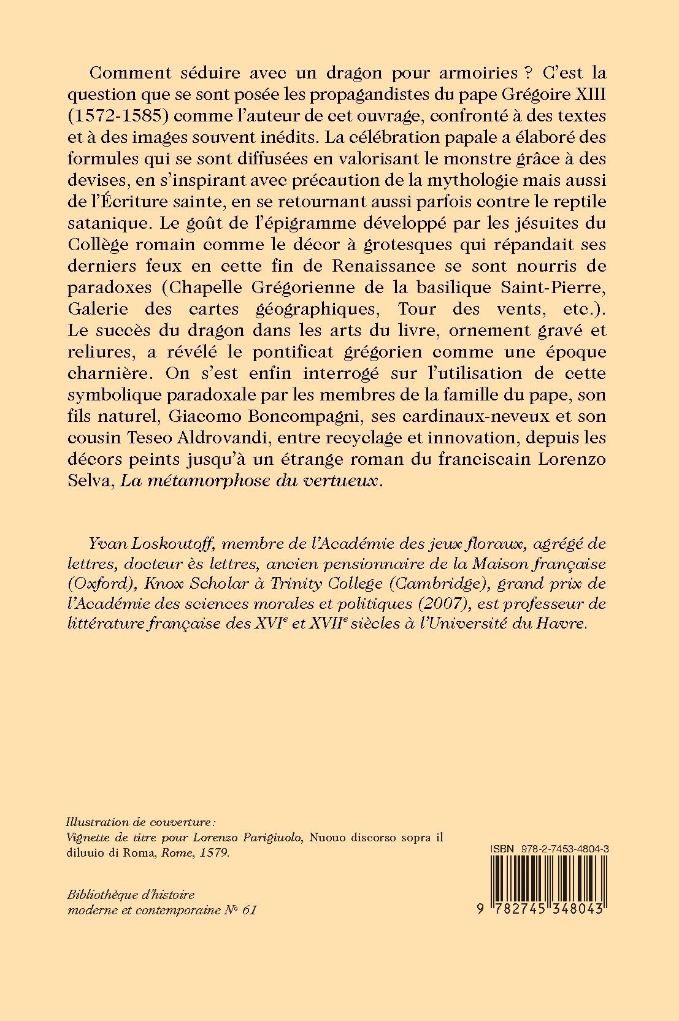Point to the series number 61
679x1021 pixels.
pyautogui.click(x=248, y=910)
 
